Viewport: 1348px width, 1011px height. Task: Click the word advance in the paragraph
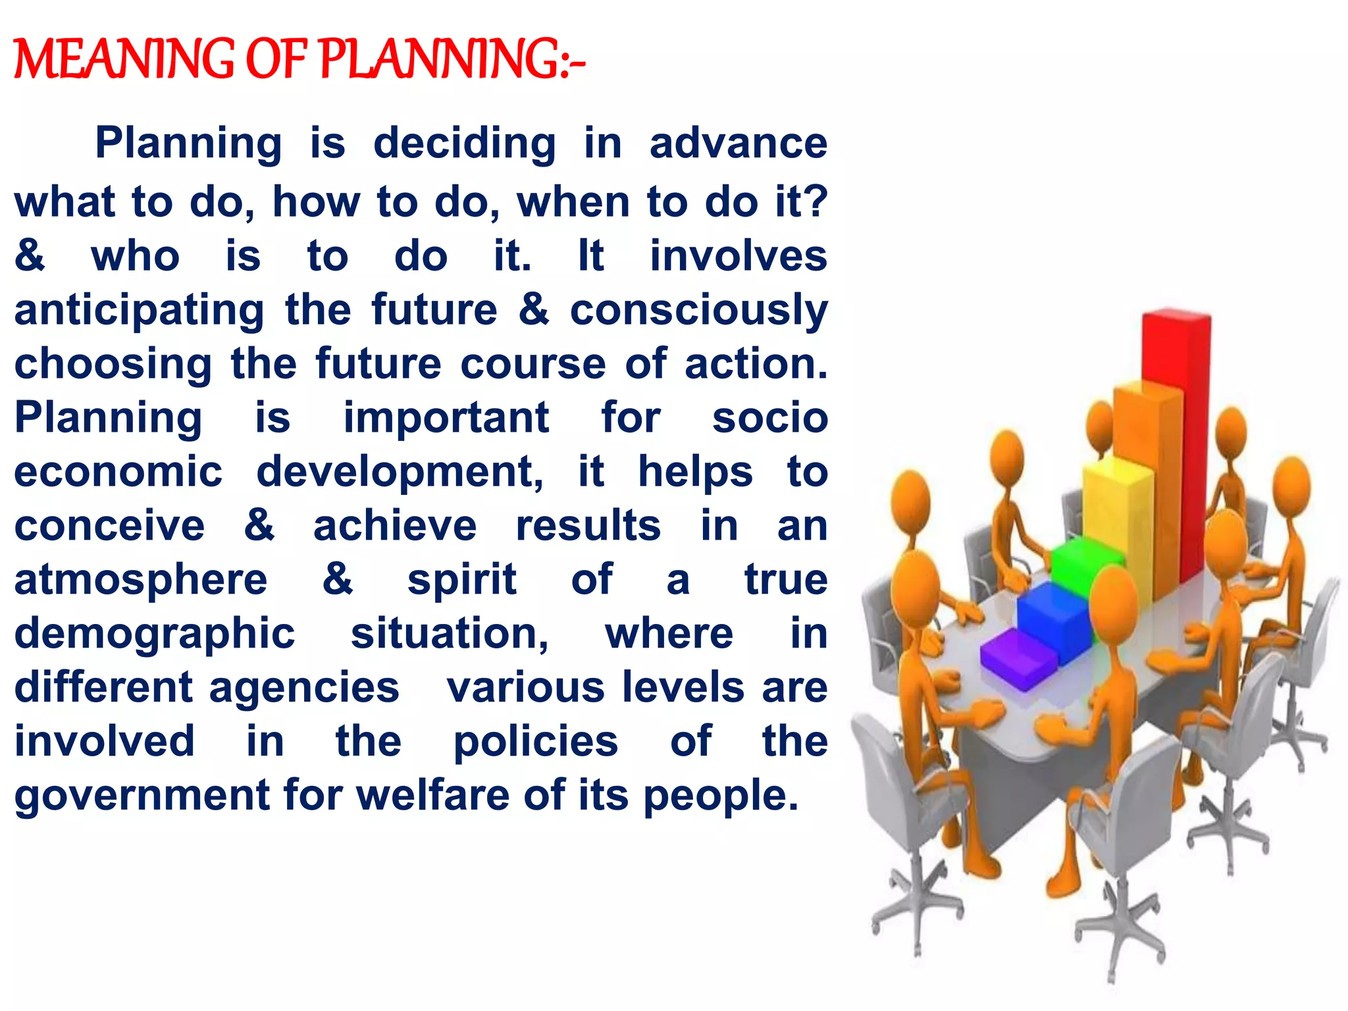[x=738, y=143]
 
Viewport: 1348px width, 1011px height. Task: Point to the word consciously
[x=698, y=311]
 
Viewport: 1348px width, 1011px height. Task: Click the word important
[x=446, y=418]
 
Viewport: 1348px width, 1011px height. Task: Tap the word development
[x=400, y=472]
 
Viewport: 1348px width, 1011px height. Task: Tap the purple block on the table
[x=1017, y=658]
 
